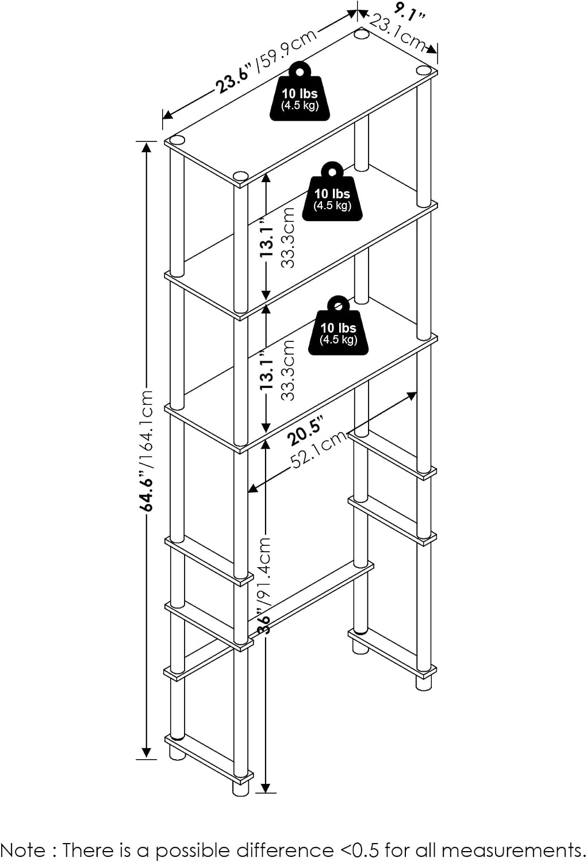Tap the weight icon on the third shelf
[338, 326]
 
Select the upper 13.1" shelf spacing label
[266, 238]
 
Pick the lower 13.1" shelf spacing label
[266, 371]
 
